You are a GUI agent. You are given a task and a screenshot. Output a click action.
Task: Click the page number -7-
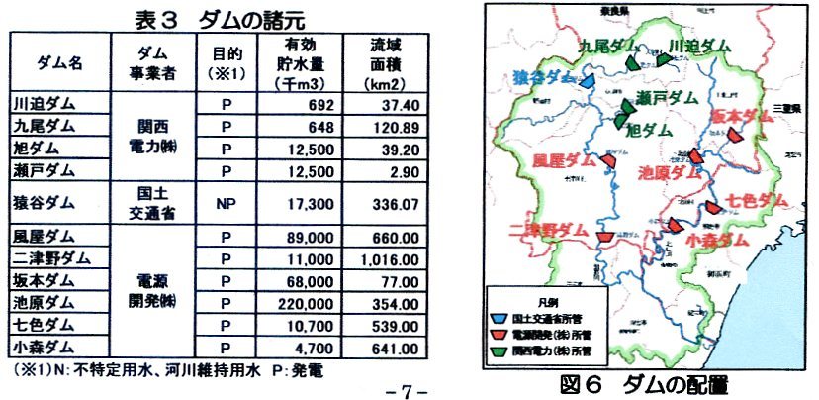405,384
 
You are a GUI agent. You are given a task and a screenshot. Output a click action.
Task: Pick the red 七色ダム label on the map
756,202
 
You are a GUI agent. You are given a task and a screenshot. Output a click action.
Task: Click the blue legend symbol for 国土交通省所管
500,320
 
